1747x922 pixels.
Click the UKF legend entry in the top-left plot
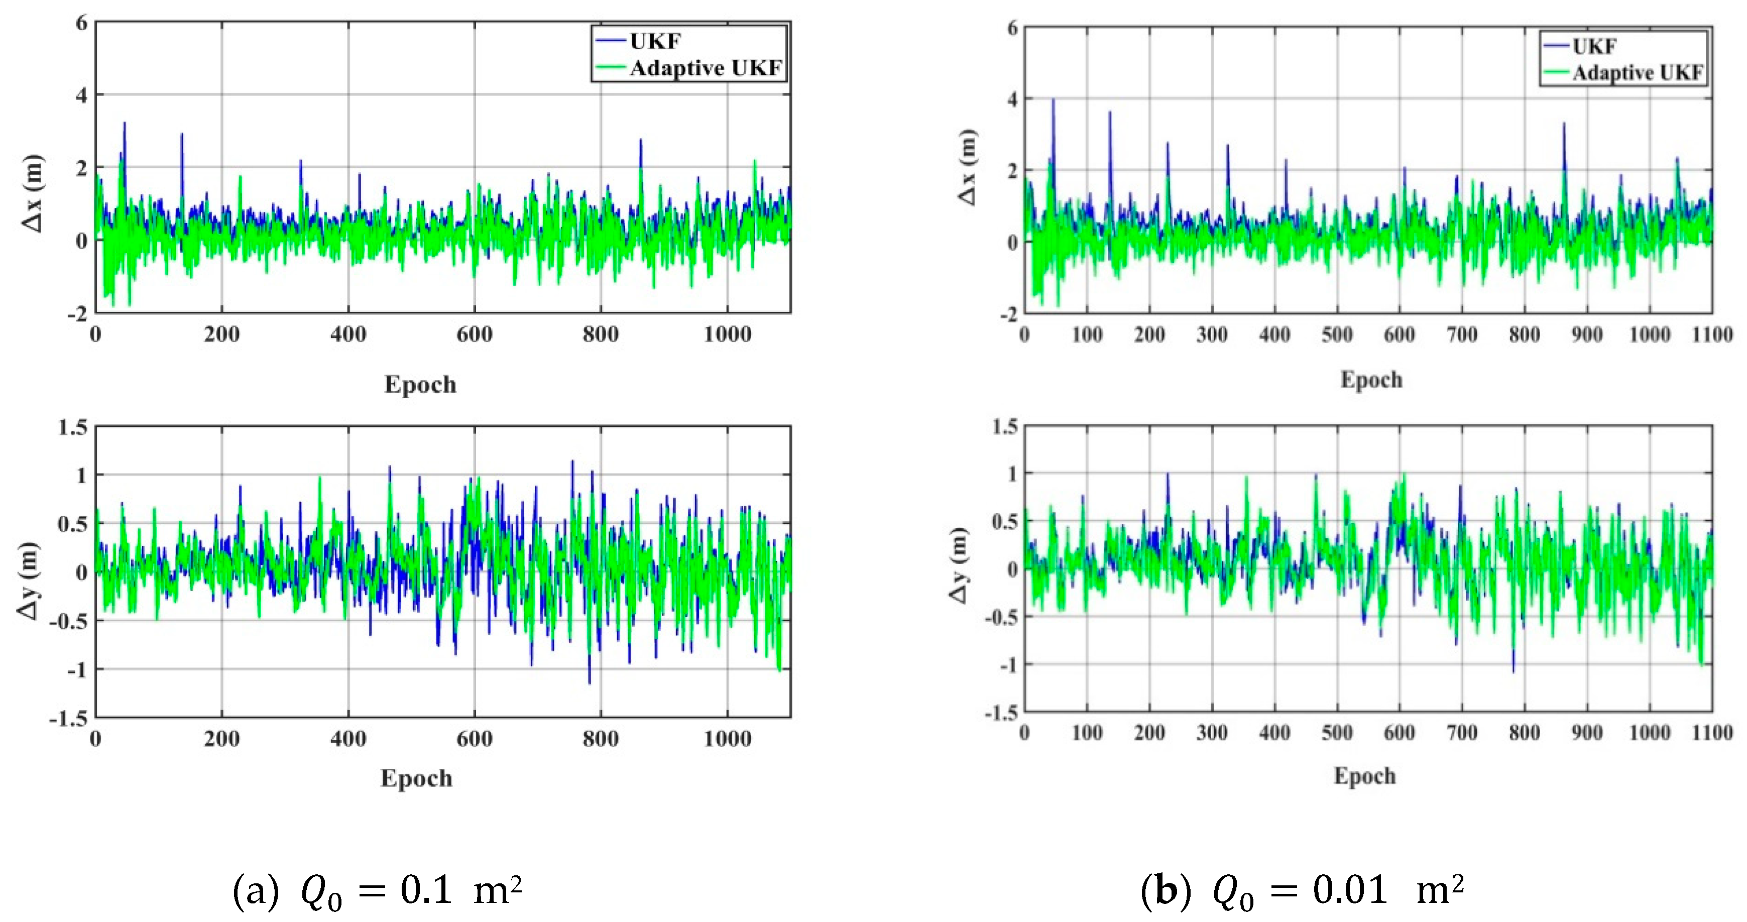(654, 41)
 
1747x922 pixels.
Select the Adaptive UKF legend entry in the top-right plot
(1637, 73)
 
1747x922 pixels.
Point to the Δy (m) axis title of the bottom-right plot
(960, 565)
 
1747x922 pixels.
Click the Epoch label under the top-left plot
(420, 385)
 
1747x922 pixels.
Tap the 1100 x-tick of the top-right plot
(1712, 334)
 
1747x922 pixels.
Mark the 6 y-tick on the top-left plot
(82, 24)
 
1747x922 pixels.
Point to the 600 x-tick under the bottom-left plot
(474, 739)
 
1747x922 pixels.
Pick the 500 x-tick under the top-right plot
(1337, 334)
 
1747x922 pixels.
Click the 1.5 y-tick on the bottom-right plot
(1005, 427)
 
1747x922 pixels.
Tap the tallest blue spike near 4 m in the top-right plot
(1053, 100)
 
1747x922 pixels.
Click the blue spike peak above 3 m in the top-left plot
(124, 124)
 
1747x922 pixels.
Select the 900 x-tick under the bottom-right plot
(1587, 733)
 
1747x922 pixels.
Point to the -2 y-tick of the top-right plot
(1009, 315)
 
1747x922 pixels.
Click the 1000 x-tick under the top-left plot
(727, 334)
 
